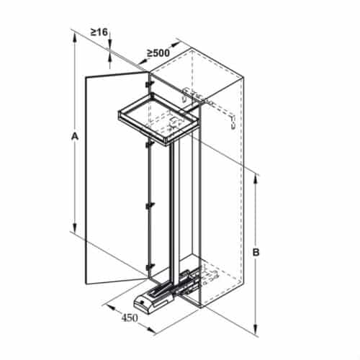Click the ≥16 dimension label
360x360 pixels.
tap(99, 32)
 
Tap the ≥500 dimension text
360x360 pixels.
tap(158, 53)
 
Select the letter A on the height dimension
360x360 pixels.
tap(76, 136)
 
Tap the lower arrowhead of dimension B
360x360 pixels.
tap(256, 333)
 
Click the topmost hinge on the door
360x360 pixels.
tap(148, 85)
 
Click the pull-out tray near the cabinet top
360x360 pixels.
tap(158, 115)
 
